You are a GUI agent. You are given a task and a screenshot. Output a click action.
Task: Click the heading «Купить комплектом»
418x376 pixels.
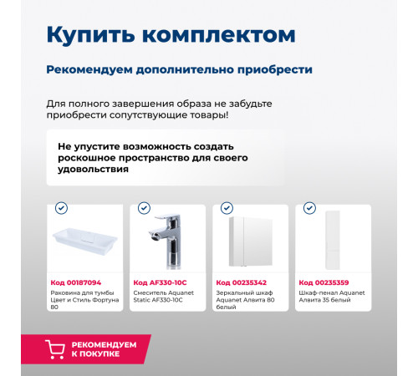170,34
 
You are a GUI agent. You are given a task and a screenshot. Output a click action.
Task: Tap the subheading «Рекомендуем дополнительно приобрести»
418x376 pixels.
179,69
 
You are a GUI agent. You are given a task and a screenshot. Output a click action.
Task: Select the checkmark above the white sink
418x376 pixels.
60,207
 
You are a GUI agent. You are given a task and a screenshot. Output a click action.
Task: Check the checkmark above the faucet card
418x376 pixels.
144,207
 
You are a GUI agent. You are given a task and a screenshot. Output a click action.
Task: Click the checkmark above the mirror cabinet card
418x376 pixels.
226,207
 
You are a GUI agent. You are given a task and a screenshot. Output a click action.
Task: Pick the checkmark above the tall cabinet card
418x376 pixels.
309,207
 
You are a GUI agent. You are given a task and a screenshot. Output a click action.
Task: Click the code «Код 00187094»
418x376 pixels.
76,282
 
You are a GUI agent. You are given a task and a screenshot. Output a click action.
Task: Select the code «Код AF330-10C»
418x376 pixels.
161,282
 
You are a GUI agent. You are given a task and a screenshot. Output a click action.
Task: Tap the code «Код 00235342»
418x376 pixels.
242,282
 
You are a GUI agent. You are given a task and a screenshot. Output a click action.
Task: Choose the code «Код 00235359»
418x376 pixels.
324,282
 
